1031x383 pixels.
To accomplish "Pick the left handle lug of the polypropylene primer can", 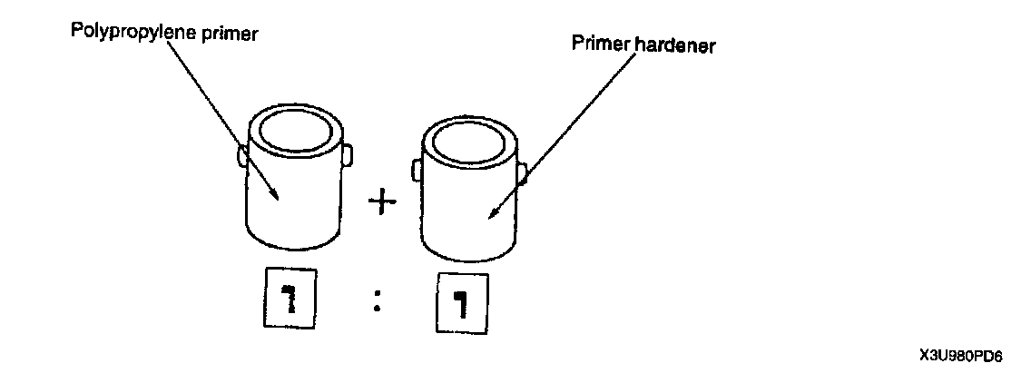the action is tap(242, 156).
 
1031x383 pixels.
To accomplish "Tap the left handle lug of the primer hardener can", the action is tap(417, 170).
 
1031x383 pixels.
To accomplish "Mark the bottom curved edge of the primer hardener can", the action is tap(466, 255).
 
